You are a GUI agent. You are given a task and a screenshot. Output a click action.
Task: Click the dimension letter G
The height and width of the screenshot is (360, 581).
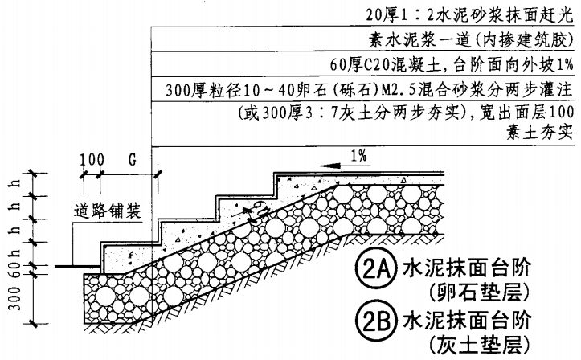(x=130, y=158)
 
